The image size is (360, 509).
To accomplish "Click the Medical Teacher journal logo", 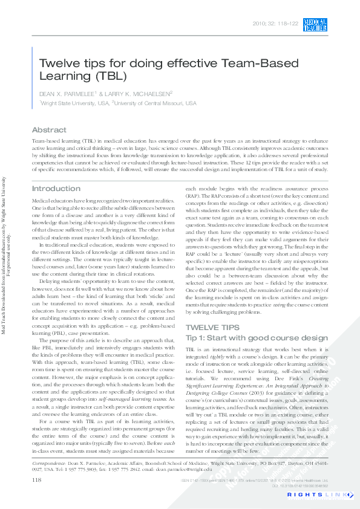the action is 315,24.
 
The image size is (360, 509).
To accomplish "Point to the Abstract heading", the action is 49,130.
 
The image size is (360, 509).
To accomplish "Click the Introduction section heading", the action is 56,189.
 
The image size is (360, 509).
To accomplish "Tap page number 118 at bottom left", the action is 36,479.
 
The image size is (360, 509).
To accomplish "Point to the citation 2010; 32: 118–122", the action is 276,24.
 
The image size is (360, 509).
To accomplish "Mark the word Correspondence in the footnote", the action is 49,462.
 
